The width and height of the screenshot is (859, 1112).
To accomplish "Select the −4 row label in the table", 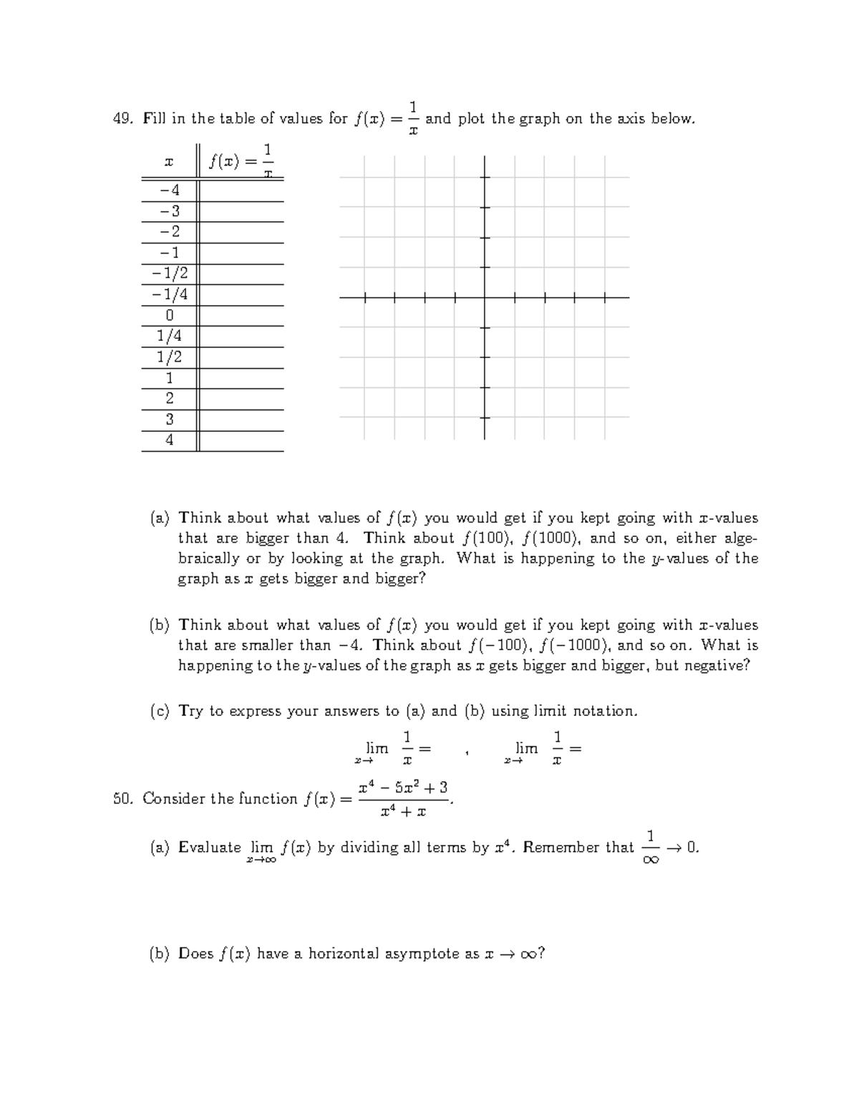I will (170, 190).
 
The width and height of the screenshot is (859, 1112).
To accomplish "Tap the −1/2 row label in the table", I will (170, 274).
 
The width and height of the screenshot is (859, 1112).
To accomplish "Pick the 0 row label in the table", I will (170, 315).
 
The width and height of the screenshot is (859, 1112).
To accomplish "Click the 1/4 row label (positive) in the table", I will (170, 336).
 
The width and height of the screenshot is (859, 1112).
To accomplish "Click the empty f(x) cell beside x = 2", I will (241, 399).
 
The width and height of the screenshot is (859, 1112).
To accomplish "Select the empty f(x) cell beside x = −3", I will (241, 211).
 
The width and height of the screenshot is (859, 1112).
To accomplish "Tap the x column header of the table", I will (169, 163).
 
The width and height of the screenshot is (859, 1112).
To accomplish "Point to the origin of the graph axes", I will (485, 297).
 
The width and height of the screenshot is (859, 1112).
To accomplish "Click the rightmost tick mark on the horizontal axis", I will (605, 297).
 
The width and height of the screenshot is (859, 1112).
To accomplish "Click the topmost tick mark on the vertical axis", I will (485, 178).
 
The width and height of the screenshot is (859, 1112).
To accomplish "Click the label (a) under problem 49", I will (160, 518).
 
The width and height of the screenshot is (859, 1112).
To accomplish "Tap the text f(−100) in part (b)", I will (499, 645).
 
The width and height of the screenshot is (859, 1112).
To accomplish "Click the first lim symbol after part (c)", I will (377, 748).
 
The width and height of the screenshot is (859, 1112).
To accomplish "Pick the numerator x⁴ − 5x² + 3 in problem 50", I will (403, 788).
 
